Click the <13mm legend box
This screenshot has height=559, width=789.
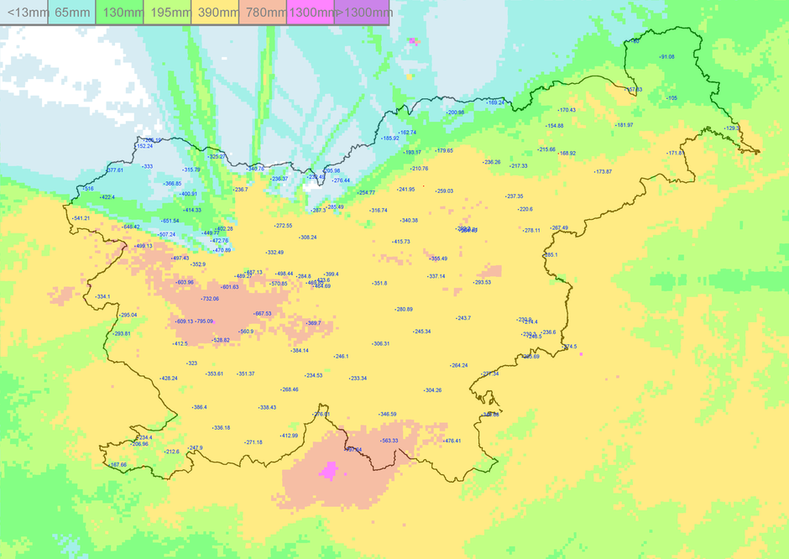coord(24,13)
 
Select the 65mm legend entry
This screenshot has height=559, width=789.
coord(72,13)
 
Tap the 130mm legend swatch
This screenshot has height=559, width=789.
coord(120,13)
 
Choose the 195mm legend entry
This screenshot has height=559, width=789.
coord(168,13)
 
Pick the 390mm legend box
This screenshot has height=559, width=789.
coord(216,13)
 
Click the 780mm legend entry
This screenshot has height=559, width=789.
coord(264,13)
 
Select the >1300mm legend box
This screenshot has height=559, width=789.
coord(362,13)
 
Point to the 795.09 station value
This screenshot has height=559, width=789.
coord(205,321)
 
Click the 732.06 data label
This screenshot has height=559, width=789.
coord(210,299)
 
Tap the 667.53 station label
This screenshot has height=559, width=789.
coord(262,313)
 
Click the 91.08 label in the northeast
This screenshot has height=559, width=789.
coord(666,57)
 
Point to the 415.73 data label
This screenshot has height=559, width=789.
coord(400,242)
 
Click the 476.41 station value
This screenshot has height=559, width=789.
coord(452,441)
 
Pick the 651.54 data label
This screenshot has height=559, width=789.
coord(170,221)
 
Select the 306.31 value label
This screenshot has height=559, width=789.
coord(380,343)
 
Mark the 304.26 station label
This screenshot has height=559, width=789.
coord(432,390)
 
